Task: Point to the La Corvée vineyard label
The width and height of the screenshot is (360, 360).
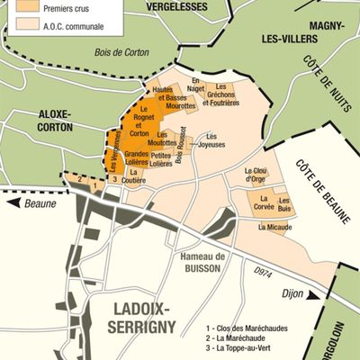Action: [x=257, y=206]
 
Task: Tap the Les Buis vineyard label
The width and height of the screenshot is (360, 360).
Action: [x=284, y=204]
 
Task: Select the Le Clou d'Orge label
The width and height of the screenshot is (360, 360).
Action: [x=256, y=174]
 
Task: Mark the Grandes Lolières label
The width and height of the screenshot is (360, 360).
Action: [x=130, y=159]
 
